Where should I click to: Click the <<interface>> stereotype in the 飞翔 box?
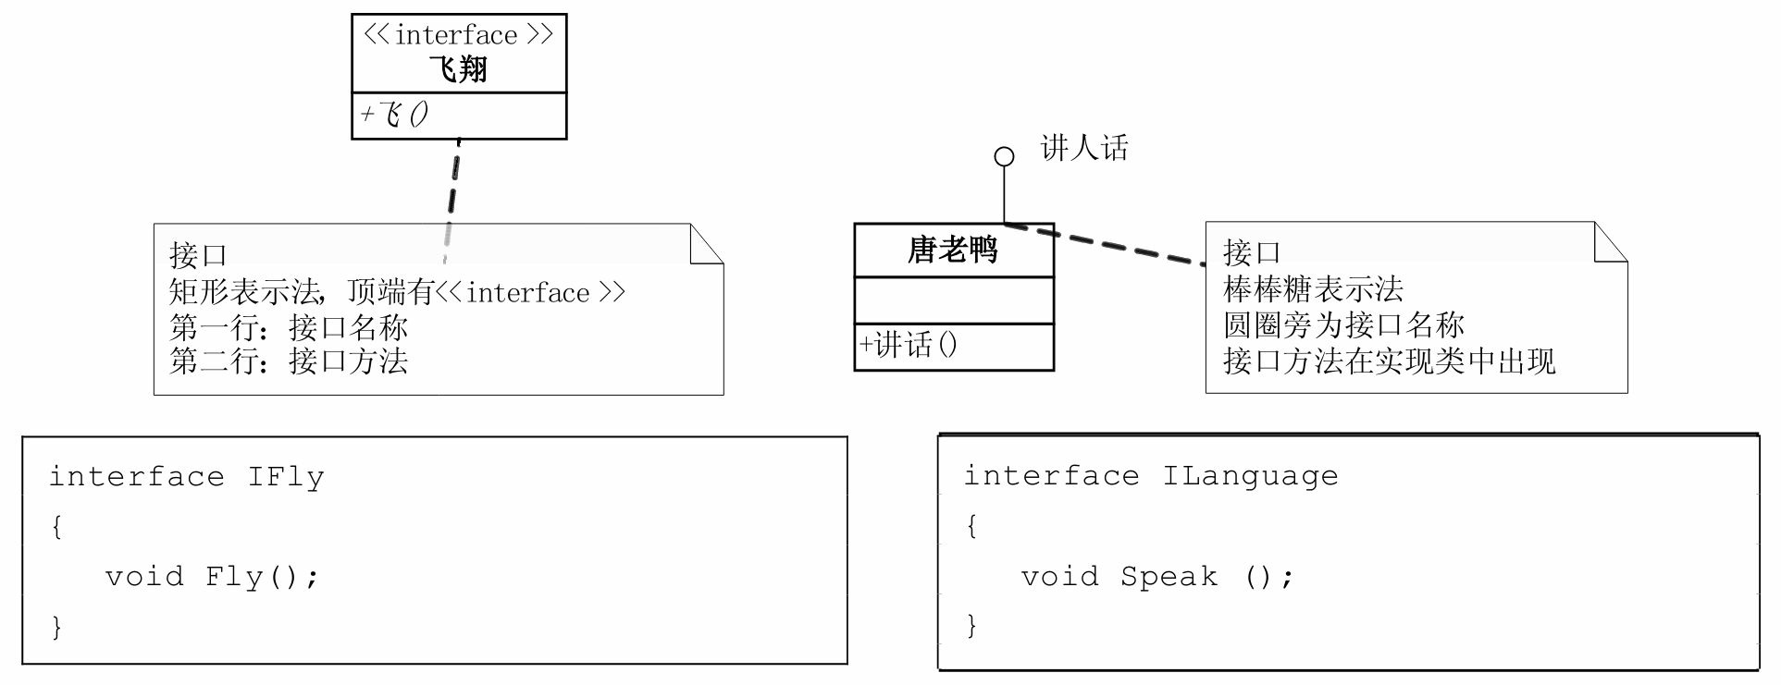[x=458, y=35]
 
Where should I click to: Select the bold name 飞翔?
[x=458, y=69]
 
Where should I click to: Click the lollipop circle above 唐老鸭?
[x=1004, y=156]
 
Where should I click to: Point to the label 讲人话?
[x=1084, y=148]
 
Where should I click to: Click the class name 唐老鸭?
[x=953, y=250]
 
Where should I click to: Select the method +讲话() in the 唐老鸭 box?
[x=909, y=346]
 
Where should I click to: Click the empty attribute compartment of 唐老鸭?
[x=953, y=300]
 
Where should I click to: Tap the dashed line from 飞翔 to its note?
[x=453, y=185]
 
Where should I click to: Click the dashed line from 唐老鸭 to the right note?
[x=1110, y=244]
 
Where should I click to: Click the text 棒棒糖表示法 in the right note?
[x=1313, y=289]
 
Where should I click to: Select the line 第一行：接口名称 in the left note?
[x=289, y=327]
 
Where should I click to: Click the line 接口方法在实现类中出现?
[x=1389, y=361]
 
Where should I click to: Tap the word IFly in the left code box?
[x=286, y=477]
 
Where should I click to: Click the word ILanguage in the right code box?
[x=1250, y=476]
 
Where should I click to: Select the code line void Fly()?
[x=212, y=577]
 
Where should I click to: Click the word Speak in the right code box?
[x=1169, y=577]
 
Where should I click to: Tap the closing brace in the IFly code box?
[x=56, y=628]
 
